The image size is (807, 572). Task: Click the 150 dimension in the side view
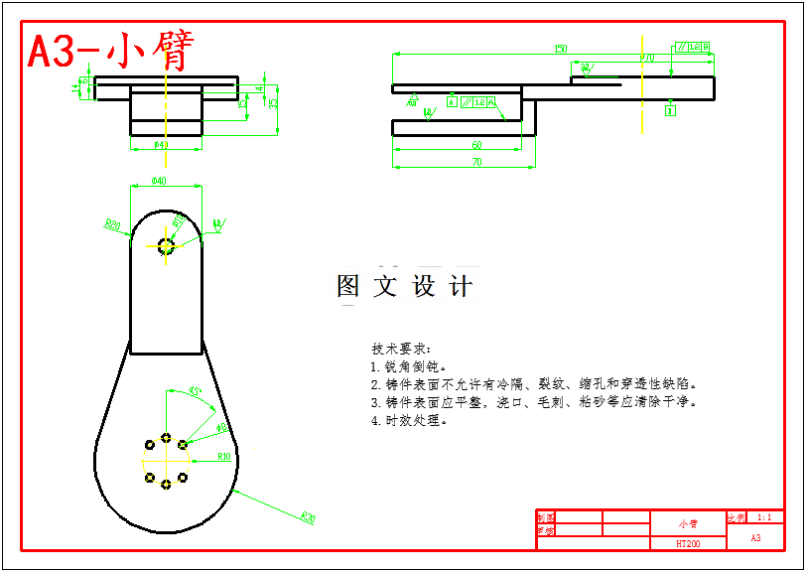click(561, 49)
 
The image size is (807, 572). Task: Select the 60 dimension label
click(476, 145)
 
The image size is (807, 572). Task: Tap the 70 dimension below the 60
click(476, 162)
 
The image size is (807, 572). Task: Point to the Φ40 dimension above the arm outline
click(158, 180)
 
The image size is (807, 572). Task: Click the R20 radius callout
click(112, 225)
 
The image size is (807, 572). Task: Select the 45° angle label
click(195, 390)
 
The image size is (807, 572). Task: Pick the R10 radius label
click(224, 457)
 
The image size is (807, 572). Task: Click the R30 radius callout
click(308, 517)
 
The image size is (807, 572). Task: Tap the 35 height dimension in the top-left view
click(274, 101)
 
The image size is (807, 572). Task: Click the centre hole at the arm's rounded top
click(166, 245)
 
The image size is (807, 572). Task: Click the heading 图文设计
click(405, 287)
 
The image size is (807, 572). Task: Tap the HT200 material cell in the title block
click(688, 543)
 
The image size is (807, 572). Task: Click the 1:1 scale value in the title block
click(764, 517)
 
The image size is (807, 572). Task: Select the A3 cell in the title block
click(755, 537)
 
